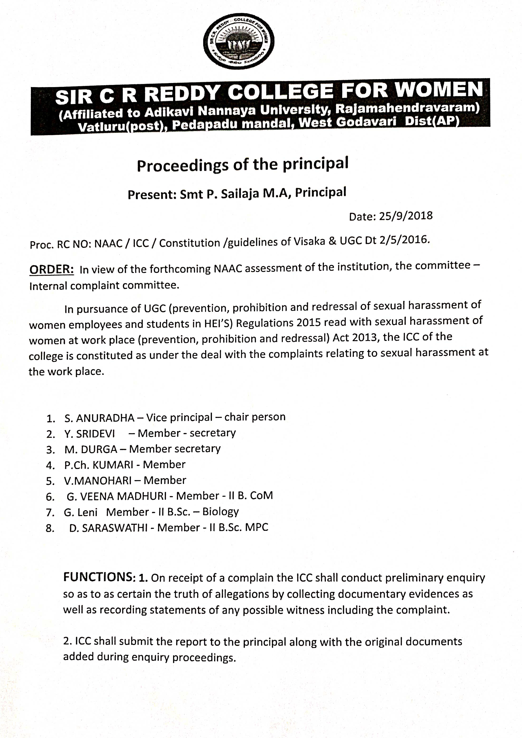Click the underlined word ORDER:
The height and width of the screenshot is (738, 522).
point(51,269)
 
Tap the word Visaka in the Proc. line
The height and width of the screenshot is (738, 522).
point(310,241)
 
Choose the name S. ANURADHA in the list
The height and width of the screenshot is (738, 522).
point(99,418)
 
